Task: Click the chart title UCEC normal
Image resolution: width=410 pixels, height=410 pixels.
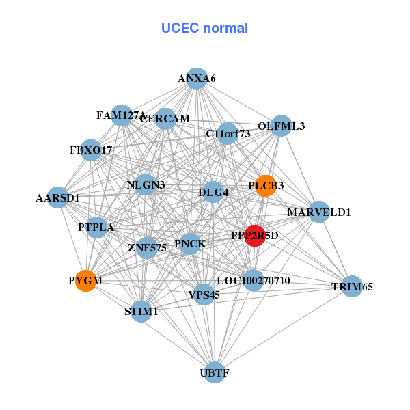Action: (x=204, y=28)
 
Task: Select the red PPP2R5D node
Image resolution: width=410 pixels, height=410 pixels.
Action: (x=255, y=236)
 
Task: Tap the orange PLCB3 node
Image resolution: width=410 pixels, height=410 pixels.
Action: (x=265, y=185)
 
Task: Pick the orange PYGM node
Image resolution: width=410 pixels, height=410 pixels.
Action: (x=85, y=281)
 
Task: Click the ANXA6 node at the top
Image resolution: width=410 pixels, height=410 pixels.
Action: (x=197, y=79)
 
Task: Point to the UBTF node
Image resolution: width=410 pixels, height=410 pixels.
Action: (x=215, y=373)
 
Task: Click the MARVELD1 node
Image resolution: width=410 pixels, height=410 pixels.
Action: (x=318, y=213)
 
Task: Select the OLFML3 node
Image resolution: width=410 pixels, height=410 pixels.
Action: (x=281, y=126)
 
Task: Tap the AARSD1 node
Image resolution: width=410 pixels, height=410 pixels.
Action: (x=58, y=198)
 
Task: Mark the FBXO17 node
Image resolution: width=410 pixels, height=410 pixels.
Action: (x=91, y=150)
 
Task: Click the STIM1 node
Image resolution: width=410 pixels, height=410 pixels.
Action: (x=141, y=312)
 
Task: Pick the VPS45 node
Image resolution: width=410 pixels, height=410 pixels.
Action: (x=204, y=295)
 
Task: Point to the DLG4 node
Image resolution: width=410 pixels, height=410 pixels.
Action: (x=213, y=193)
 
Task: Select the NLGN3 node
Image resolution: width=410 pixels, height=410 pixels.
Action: (x=146, y=185)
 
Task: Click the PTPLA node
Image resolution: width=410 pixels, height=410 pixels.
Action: (x=96, y=227)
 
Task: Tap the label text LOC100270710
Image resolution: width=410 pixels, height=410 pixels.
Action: (x=254, y=281)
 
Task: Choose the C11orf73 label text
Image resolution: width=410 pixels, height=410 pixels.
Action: (x=228, y=134)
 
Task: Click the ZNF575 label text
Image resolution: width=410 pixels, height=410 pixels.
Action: (x=147, y=248)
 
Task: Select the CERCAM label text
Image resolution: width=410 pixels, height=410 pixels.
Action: (x=165, y=119)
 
